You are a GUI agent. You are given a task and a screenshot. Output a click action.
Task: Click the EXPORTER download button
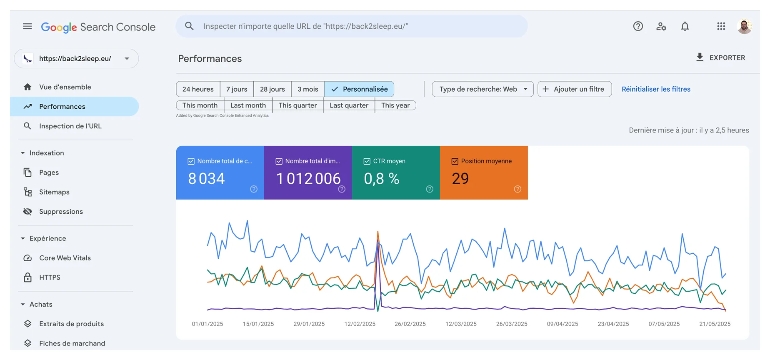pyautogui.click(x=720, y=57)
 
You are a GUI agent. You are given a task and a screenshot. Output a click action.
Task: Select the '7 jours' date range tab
pyautogui.click(x=237, y=89)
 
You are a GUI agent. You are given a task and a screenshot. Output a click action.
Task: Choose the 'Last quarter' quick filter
pyautogui.click(x=349, y=105)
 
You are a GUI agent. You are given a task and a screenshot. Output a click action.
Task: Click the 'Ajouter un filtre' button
pyautogui.click(x=575, y=89)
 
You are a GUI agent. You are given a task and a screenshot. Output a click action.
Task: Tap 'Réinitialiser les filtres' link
pyautogui.click(x=656, y=89)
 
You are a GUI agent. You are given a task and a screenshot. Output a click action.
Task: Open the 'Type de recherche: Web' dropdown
pyautogui.click(x=482, y=89)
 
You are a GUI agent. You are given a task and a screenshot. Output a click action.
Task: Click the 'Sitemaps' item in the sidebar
pyautogui.click(x=54, y=192)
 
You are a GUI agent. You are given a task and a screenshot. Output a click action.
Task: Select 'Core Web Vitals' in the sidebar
pyautogui.click(x=65, y=258)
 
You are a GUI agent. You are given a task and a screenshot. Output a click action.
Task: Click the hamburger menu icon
pyautogui.click(x=27, y=26)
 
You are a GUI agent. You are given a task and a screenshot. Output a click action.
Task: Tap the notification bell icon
pyautogui.click(x=685, y=26)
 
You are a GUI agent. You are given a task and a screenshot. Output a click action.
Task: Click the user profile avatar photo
pyautogui.click(x=744, y=26)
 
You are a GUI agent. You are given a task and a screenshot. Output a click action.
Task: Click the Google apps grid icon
pyautogui.click(x=721, y=26)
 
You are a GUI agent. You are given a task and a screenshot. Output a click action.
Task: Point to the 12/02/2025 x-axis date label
pyautogui.click(x=360, y=324)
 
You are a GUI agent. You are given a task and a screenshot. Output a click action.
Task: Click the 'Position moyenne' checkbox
pyautogui.click(x=455, y=161)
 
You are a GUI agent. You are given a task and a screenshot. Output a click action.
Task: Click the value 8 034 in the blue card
pyautogui.click(x=206, y=179)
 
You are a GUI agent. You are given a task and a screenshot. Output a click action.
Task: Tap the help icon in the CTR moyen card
pyautogui.click(x=430, y=189)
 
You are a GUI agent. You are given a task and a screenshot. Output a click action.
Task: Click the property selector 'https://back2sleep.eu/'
pyautogui.click(x=76, y=59)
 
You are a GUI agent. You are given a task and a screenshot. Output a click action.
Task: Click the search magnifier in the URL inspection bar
pyautogui.click(x=189, y=26)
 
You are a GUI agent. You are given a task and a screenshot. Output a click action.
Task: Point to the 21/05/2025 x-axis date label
pyautogui.click(x=715, y=324)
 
